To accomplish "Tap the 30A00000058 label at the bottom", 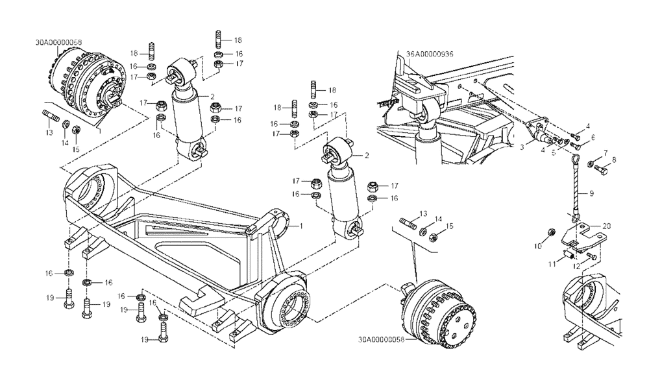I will pyautogui.click(x=379, y=339).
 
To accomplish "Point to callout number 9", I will pyautogui.click(x=591, y=193).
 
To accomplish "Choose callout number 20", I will pyautogui.click(x=606, y=226).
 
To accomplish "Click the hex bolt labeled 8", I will pyautogui.click(x=600, y=169).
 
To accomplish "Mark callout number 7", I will pyautogui.click(x=605, y=152).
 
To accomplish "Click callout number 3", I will pyautogui.click(x=521, y=148).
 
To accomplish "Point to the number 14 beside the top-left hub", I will pyautogui.click(x=64, y=143).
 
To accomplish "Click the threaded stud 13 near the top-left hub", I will pyautogui.click(x=51, y=117).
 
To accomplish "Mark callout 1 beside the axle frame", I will pyautogui.click(x=301, y=226).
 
